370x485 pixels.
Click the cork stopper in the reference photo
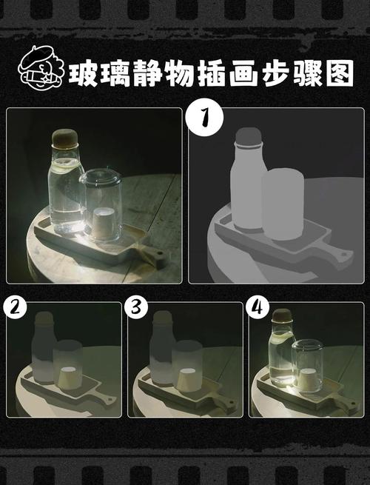pyautogui.click(x=64, y=140)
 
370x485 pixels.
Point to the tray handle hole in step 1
pyautogui.click(x=343, y=256)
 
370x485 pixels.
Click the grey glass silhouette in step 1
pyautogui.click(x=283, y=203)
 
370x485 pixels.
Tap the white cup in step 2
pyautogui.click(x=68, y=377)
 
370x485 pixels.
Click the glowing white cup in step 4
pyautogui.click(x=308, y=376)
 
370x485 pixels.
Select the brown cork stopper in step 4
pyautogui.click(x=282, y=316)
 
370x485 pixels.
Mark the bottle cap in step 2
pyautogui.click(x=44, y=320)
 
